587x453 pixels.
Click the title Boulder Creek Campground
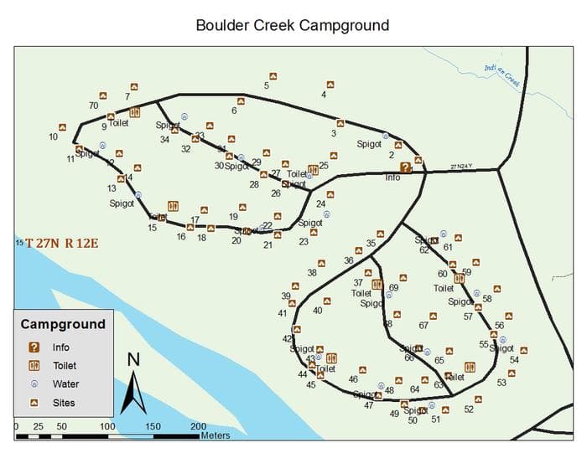pyautogui.click(x=292, y=24)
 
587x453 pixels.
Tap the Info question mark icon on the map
pyautogui.click(x=406, y=167)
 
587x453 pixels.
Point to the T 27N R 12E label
pyautogui.click(x=61, y=244)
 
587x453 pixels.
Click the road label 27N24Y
pyautogui.click(x=461, y=167)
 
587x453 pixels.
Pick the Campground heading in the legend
pyautogui.click(x=63, y=324)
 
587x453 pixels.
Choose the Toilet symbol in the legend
pyautogui.click(x=34, y=365)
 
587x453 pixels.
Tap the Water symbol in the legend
pyautogui.click(x=34, y=384)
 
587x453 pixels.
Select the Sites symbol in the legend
pyautogui.click(x=34, y=402)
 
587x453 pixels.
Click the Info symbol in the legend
pyautogui.click(x=34, y=347)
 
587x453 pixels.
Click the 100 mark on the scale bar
pyautogui.click(x=107, y=426)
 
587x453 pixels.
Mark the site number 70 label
pyautogui.click(x=93, y=106)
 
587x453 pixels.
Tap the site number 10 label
pyautogui.click(x=53, y=136)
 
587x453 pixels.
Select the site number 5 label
pyautogui.click(x=267, y=85)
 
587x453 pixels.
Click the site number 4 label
pyautogui.click(x=324, y=95)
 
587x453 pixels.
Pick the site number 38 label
pyautogui.click(x=311, y=273)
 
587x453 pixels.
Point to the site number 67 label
pyautogui.click(x=423, y=326)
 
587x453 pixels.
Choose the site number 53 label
pyautogui.click(x=501, y=383)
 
